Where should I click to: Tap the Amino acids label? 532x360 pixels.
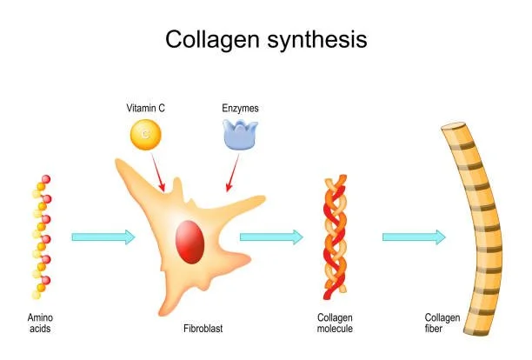(40, 323)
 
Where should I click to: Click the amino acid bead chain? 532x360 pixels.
(40, 235)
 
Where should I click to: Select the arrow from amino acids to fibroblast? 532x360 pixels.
(103, 237)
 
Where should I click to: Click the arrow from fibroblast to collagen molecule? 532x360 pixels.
(271, 237)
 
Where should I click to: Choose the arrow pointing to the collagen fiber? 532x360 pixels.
(414, 237)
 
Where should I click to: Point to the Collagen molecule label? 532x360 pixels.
(336, 323)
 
